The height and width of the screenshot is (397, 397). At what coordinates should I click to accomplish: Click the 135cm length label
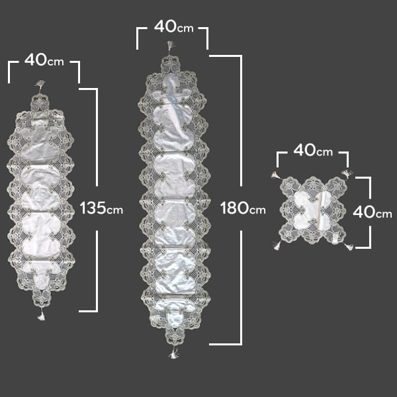(101, 208)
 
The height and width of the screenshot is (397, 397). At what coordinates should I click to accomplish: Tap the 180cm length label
(243, 208)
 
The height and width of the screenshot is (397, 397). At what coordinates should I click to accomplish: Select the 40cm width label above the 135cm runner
(44, 60)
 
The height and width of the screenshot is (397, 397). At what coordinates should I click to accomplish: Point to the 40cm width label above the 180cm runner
(173, 26)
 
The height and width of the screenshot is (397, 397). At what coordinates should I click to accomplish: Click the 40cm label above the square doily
(313, 150)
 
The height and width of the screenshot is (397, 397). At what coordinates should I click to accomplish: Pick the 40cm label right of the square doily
(373, 212)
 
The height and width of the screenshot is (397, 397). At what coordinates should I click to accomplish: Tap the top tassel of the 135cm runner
(40, 85)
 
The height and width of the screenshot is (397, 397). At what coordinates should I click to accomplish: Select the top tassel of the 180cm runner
(171, 48)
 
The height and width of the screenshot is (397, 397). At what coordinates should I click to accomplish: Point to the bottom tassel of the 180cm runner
(173, 353)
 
